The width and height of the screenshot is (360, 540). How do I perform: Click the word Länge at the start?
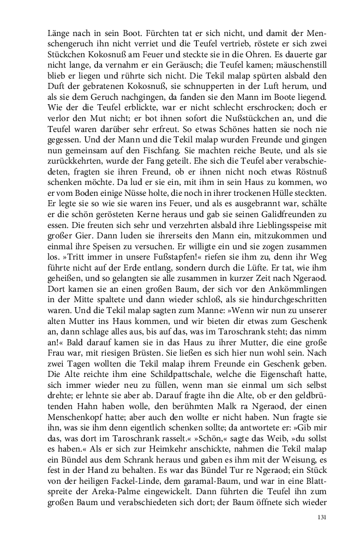point(60,32)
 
